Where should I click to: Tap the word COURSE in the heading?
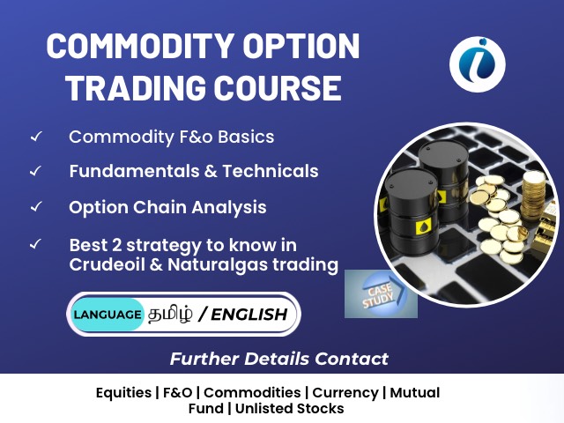click(x=278, y=88)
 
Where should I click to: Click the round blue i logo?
click(x=478, y=64)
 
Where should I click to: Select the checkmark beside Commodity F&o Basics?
click(x=36, y=137)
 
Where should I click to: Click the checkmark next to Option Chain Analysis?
click(x=36, y=207)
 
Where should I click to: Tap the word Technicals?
click(x=271, y=171)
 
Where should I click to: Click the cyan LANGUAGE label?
click(x=108, y=315)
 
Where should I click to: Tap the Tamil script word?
click(x=170, y=314)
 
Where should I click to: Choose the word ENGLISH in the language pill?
click(x=249, y=315)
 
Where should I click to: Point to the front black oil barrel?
click(x=412, y=212)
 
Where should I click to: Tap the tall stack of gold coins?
click(x=533, y=196)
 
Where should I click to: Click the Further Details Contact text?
click(x=279, y=359)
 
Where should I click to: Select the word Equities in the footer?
click(x=123, y=392)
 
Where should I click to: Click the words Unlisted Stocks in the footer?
click(x=290, y=409)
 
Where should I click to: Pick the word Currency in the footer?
click(x=345, y=393)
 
